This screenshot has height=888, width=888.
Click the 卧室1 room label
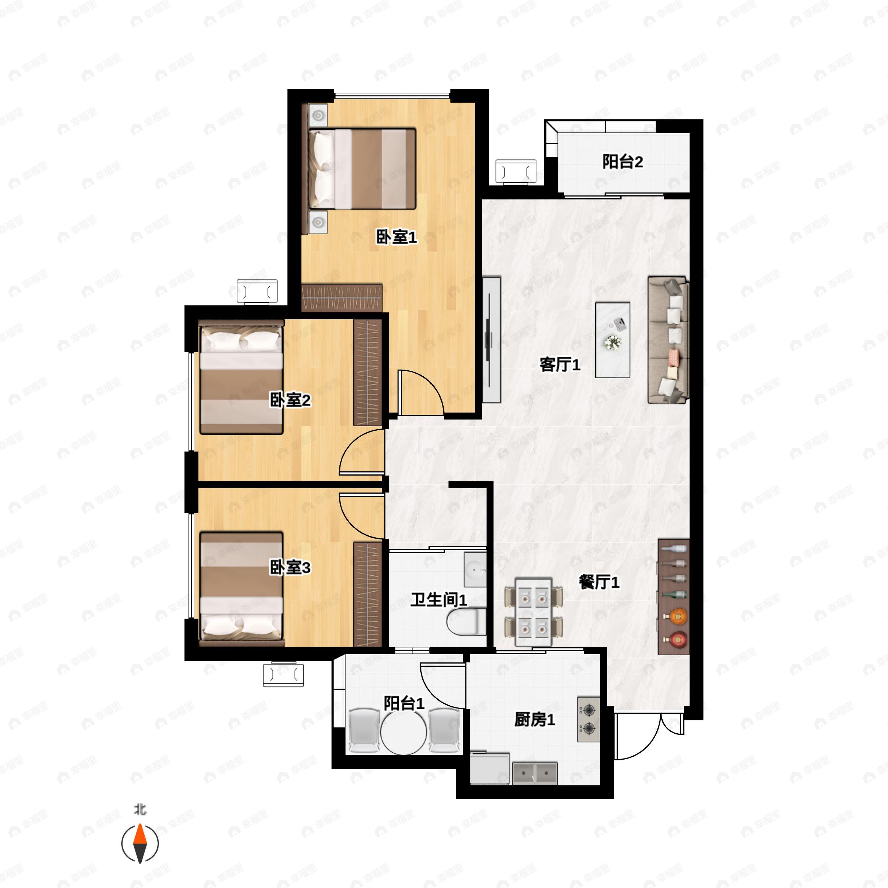396,237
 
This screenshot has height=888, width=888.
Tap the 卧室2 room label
290,400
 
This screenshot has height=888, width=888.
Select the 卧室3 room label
290,568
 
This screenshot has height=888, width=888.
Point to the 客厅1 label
560,364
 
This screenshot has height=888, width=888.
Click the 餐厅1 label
599,582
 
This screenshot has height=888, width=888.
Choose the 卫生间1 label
438,600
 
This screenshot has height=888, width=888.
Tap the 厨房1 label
535,719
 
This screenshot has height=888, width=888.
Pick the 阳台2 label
623,162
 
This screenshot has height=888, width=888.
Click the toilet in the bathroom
467,622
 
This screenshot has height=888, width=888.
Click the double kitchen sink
535,774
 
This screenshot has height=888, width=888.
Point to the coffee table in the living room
613,340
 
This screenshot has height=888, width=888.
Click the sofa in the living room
668,340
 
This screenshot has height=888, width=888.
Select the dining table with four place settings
534,612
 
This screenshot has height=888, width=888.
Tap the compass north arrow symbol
140,844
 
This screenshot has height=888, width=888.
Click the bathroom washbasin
475,569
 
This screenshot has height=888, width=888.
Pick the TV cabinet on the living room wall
491,340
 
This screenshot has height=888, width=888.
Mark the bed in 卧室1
362,169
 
